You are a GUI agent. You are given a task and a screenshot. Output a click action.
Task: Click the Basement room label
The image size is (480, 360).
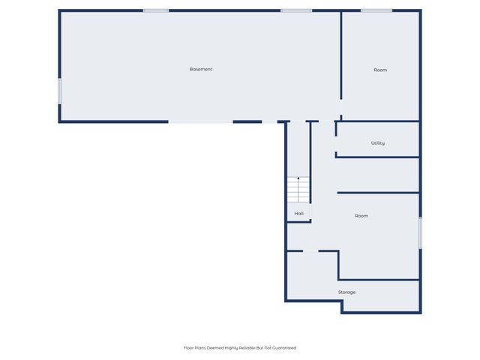click(201, 69)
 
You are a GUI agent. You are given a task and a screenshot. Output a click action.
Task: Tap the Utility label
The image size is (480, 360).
click(378, 142)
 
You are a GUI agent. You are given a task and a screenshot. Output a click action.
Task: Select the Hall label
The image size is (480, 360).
click(299, 214)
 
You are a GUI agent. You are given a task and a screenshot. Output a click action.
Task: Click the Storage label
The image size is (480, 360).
click(346, 292)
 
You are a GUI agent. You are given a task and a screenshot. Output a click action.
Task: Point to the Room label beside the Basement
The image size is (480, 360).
click(380, 70)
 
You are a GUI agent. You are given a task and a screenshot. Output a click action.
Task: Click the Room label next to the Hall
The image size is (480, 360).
click(361, 216)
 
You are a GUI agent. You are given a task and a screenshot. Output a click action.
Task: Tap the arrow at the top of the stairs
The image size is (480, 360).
click(298, 179)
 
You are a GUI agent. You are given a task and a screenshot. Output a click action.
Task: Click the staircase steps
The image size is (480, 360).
click(298, 191)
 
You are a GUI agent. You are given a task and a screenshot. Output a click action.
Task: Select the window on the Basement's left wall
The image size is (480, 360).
click(60, 91)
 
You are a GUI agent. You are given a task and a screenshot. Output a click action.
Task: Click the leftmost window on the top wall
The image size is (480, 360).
click(156, 10)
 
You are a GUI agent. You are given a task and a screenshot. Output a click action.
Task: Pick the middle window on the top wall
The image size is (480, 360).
click(296, 10)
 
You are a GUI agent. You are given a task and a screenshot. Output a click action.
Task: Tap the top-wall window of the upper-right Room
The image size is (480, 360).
click(376, 10)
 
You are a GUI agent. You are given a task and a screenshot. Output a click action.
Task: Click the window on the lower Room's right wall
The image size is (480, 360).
click(420, 232)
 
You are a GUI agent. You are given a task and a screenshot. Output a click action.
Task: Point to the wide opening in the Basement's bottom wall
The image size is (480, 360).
click(200, 121)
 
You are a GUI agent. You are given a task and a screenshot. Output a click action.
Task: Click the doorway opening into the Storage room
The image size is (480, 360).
click(310, 250)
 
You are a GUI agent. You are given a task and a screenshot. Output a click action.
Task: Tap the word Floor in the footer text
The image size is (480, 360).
click(190, 348)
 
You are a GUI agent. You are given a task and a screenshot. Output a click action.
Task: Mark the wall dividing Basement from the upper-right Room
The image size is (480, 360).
click(341, 56)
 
